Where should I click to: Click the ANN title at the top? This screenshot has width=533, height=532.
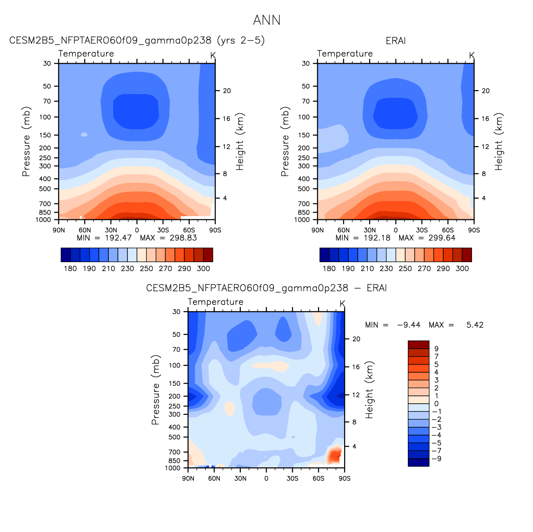tap(267, 20)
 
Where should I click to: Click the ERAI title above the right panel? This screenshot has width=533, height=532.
tap(396, 41)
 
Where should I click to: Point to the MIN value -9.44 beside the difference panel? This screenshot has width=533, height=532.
tap(409, 325)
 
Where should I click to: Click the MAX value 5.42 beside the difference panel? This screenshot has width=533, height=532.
tap(475, 325)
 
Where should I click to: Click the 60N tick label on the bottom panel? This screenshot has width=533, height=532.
tap(214, 478)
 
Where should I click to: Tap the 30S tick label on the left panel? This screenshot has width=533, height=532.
tap(163, 230)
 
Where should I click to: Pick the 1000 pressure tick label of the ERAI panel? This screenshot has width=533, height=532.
tap(302, 220)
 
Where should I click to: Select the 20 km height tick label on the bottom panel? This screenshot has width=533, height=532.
tap(356, 339)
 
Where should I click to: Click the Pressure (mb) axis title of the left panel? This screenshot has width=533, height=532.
tap(26, 142)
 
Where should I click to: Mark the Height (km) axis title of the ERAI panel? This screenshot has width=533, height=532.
tap(498, 142)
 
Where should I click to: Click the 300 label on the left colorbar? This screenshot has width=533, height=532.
tap(203, 269)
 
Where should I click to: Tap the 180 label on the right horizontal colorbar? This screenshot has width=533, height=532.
tap(329, 269)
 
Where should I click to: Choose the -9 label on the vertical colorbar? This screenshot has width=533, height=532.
tap(437, 459)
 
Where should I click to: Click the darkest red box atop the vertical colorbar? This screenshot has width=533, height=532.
tap(418, 345)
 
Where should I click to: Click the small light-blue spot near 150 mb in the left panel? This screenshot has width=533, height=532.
tap(84, 135)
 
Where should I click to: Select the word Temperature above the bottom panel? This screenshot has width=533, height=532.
tap(215, 302)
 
